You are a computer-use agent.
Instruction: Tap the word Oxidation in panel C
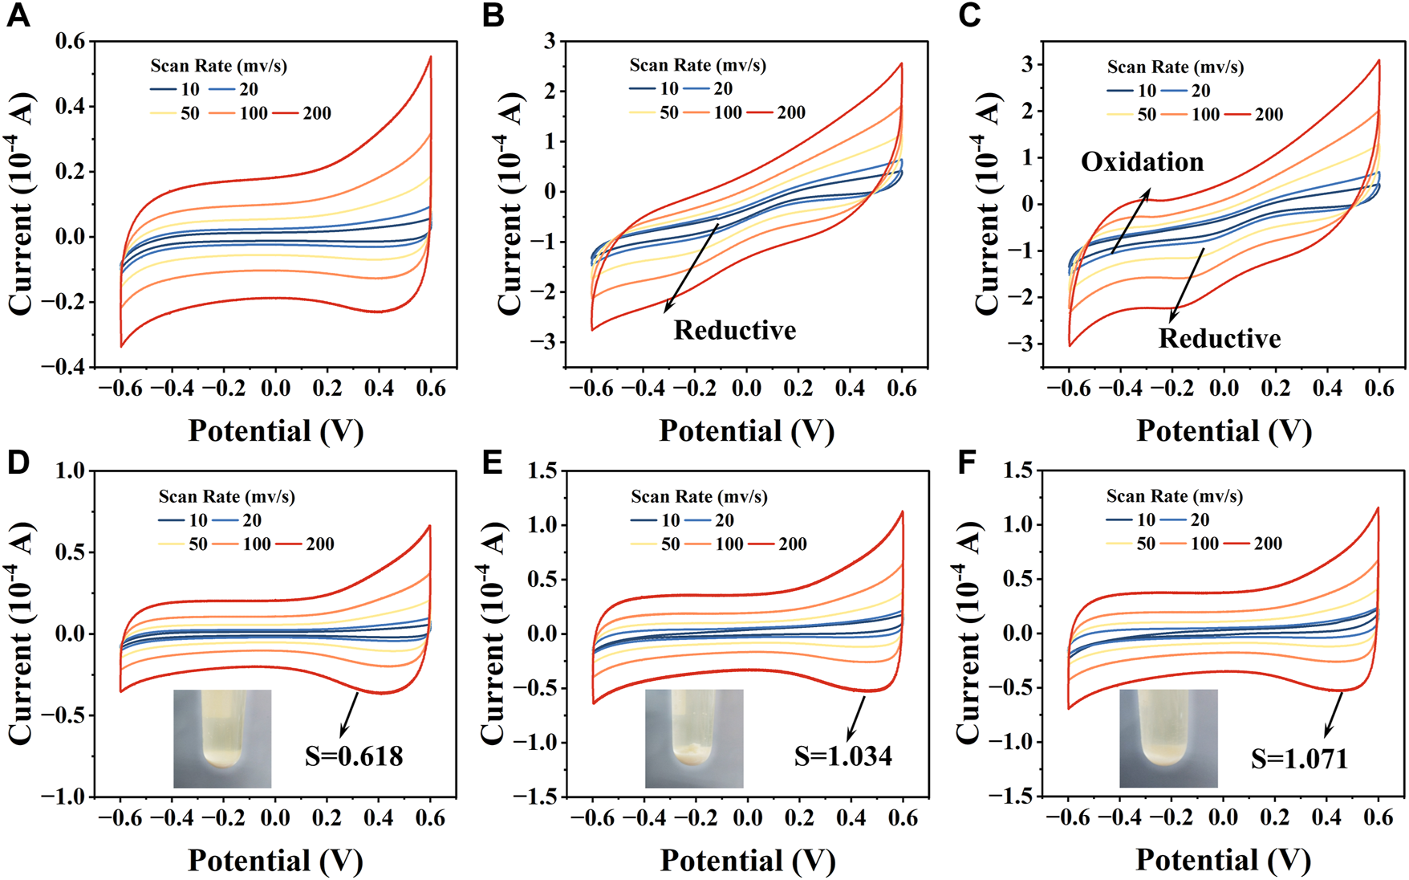click(x=1142, y=162)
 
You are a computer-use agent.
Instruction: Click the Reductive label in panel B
click(x=734, y=330)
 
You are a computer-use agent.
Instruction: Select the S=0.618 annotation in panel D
click(x=354, y=756)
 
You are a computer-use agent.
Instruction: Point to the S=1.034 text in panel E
click(x=843, y=756)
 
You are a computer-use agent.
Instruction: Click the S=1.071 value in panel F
click(x=1299, y=759)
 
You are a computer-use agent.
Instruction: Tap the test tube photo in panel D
click(x=222, y=738)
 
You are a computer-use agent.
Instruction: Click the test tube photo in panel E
click(x=694, y=738)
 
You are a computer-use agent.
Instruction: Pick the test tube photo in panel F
click(x=1168, y=738)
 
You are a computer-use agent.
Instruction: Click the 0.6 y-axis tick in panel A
click(x=70, y=41)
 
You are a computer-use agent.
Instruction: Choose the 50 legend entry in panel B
click(x=669, y=112)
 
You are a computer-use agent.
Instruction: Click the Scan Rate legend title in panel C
click(x=1176, y=67)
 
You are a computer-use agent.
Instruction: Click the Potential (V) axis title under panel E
click(x=747, y=861)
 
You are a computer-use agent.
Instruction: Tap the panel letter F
click(x=968, y=463)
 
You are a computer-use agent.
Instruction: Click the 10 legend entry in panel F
click(x=1146, y=519)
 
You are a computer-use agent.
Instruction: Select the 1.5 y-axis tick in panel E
click(x=542, y=471)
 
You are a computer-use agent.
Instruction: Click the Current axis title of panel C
click(x=988, y=205)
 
